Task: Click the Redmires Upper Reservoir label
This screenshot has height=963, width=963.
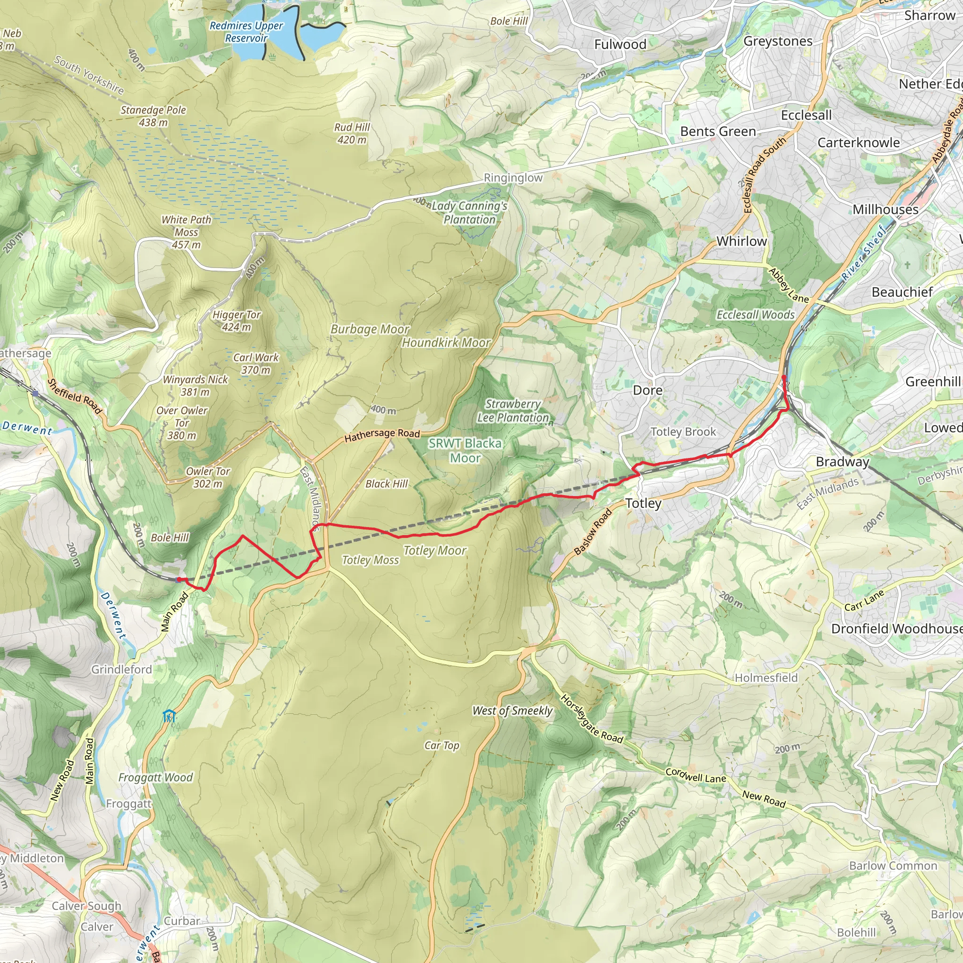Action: [x=246, y=32]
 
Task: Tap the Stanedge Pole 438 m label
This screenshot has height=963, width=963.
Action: [x=153, y=116]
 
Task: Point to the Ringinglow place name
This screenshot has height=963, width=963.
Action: [x=513, y=178]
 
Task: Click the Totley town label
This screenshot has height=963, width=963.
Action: [x=643, y=504]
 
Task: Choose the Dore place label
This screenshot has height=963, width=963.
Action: [x=647, y=390]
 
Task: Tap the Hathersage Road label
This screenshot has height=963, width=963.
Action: [x=382, y=435]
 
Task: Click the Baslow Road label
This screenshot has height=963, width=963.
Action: [x=592, y=532]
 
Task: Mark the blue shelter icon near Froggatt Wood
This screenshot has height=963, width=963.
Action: [x=169, y=716]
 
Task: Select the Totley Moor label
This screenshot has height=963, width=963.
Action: [x=434, y=550]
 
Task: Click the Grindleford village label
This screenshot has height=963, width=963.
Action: [x=122, y=670]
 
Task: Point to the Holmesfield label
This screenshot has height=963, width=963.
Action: [x=766, y=678]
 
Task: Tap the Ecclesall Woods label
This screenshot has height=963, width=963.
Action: [x=755, y=315]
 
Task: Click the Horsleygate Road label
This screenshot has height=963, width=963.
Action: [x=592, y=719]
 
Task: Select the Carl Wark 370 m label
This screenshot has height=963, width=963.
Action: [x=256, y=363]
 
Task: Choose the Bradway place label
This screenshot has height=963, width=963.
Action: [x=842, y=462]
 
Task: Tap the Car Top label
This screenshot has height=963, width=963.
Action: [x=442, y=745]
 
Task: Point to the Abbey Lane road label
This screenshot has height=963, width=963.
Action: [x=789, y=285]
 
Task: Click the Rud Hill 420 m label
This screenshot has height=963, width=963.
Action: [x=352, y=134]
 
